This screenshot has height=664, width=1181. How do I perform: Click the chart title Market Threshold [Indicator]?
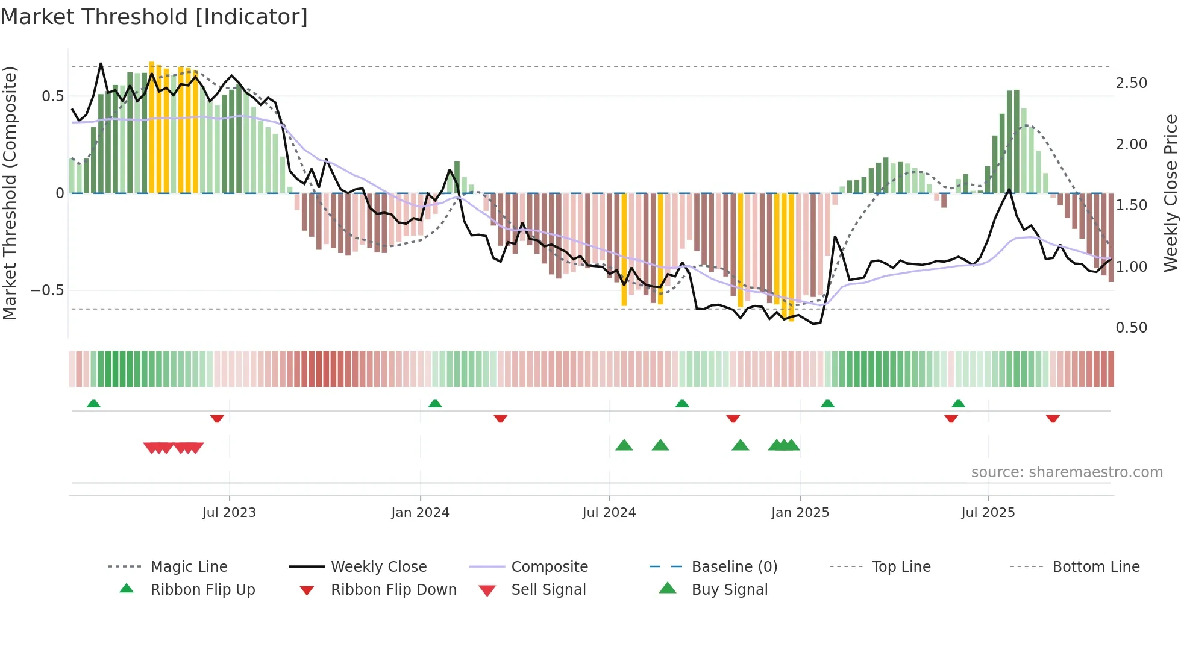click(x=154, y=17)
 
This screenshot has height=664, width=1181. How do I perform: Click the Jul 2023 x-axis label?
click(x=229, y=513)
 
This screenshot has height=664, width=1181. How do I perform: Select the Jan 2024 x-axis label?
click(x=420, y=513)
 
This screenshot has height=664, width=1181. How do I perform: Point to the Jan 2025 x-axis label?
click(x=800, y=513)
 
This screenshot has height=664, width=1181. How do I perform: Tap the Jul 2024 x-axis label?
click(x=609, y=513)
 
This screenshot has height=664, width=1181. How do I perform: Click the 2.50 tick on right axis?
click(x=1131, y=83)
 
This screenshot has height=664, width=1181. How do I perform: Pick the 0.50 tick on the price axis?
click(x=1131, y=328)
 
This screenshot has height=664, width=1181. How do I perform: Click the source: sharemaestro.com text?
click(x=1067, y=472)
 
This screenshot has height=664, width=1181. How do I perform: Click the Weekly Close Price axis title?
click(x=1170, y=193)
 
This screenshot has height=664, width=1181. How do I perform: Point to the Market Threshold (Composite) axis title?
click(x=10, y=193)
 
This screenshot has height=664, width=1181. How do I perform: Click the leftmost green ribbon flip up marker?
click(x=93, y=404)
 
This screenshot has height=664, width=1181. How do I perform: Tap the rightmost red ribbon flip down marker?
click(x=1053, y=418)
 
